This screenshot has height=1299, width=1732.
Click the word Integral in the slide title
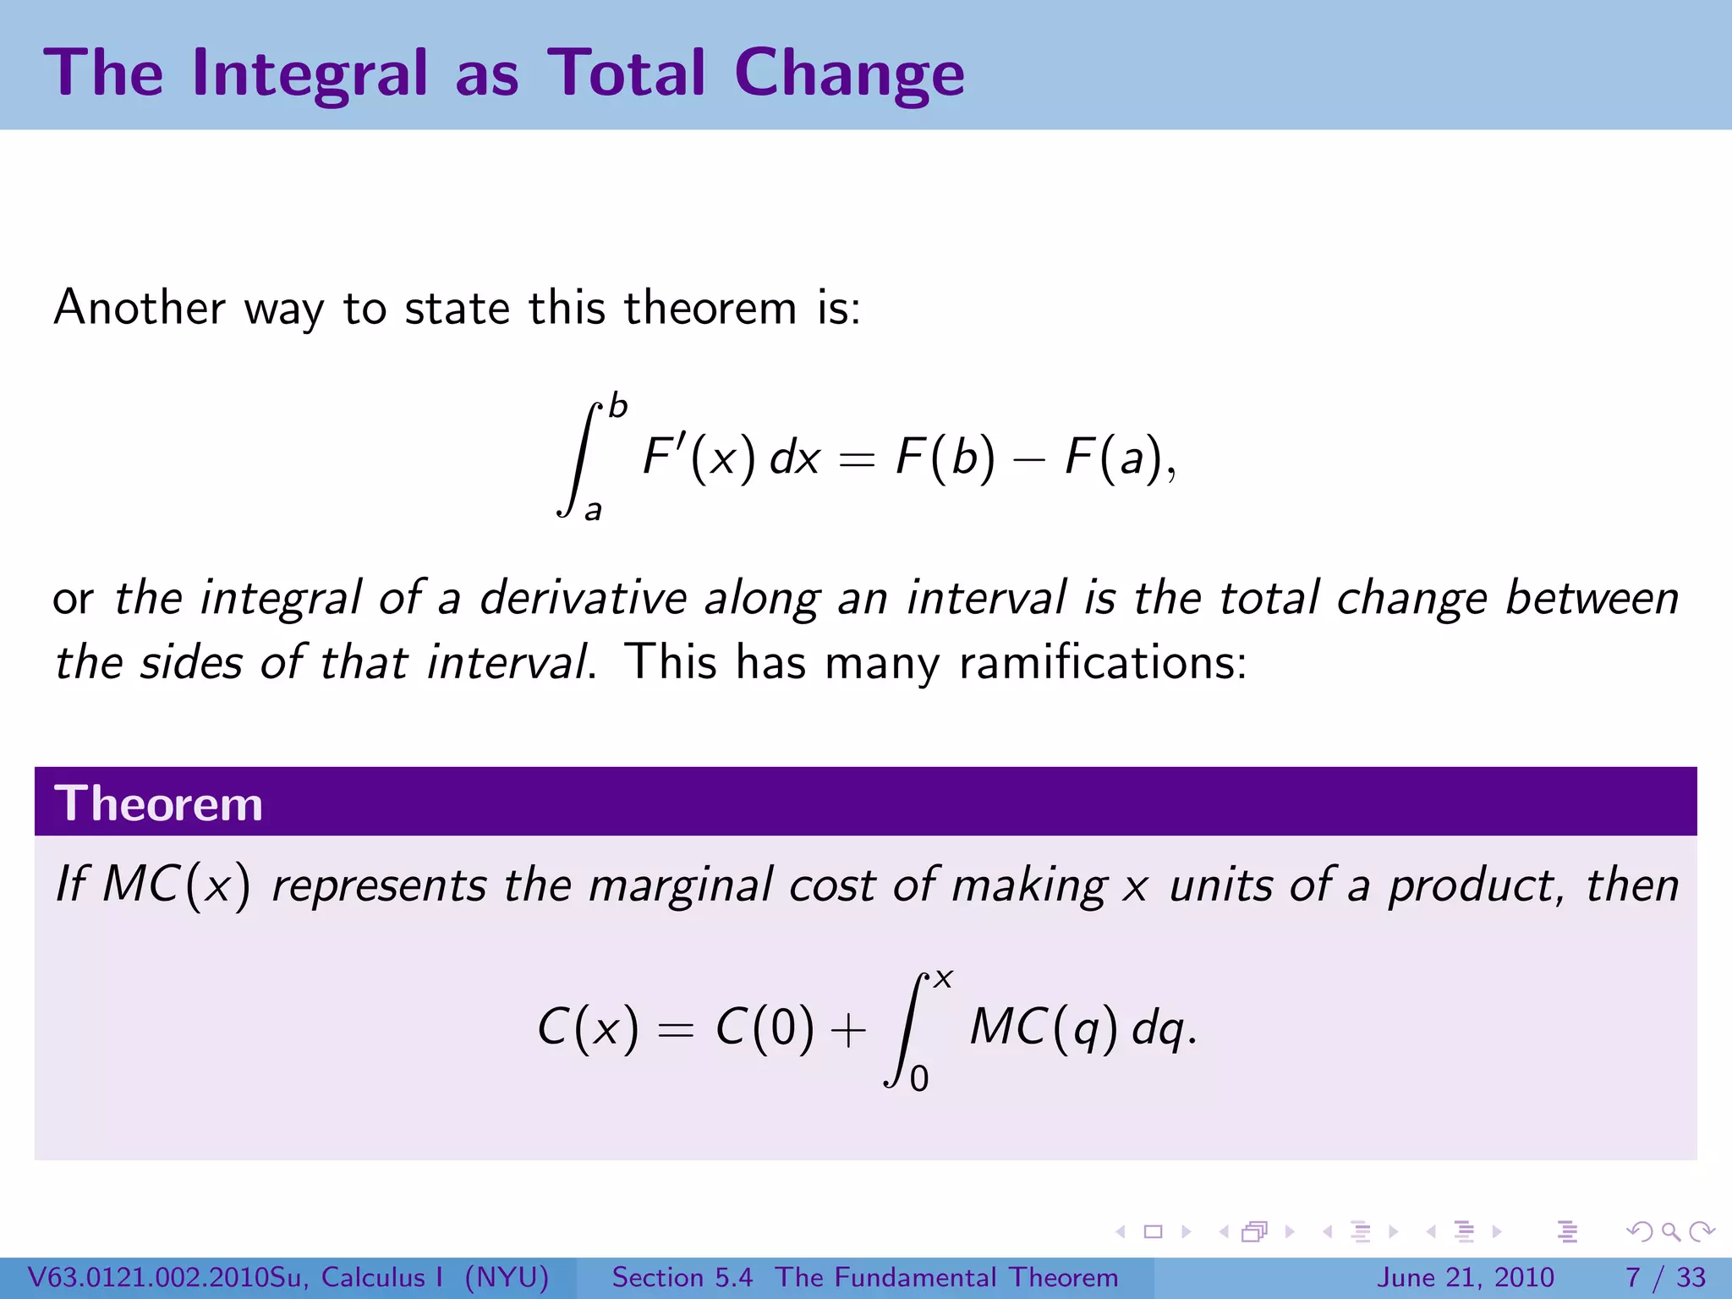click(x=310, y=74)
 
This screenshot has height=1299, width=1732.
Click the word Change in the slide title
click(x=848, y=74)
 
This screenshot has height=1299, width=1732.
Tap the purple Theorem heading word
click(x=158, y=803)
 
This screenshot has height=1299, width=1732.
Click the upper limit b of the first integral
click(x=618, y=406)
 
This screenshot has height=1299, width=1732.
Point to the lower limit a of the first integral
click(x=593, y=510)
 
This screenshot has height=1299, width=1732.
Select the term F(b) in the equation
click(x=945, y=458)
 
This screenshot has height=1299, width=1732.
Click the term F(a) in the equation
click(x=1114, y=458)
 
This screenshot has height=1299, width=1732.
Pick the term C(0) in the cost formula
click(x=765, y=1028)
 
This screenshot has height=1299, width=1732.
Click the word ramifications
click(x=1102, y=661)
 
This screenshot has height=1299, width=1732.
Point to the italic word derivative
click(x=583, y=598)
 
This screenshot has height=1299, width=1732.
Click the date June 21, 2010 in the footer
click(x=1466, y=1277)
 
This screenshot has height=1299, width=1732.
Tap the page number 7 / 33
click(x=1665, y=1277)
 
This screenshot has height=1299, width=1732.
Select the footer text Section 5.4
click(x=682, y=1277)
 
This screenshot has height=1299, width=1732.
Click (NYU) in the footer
click(x=507, y=1277)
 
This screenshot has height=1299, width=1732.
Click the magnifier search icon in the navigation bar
click(x=1669, y=1231)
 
